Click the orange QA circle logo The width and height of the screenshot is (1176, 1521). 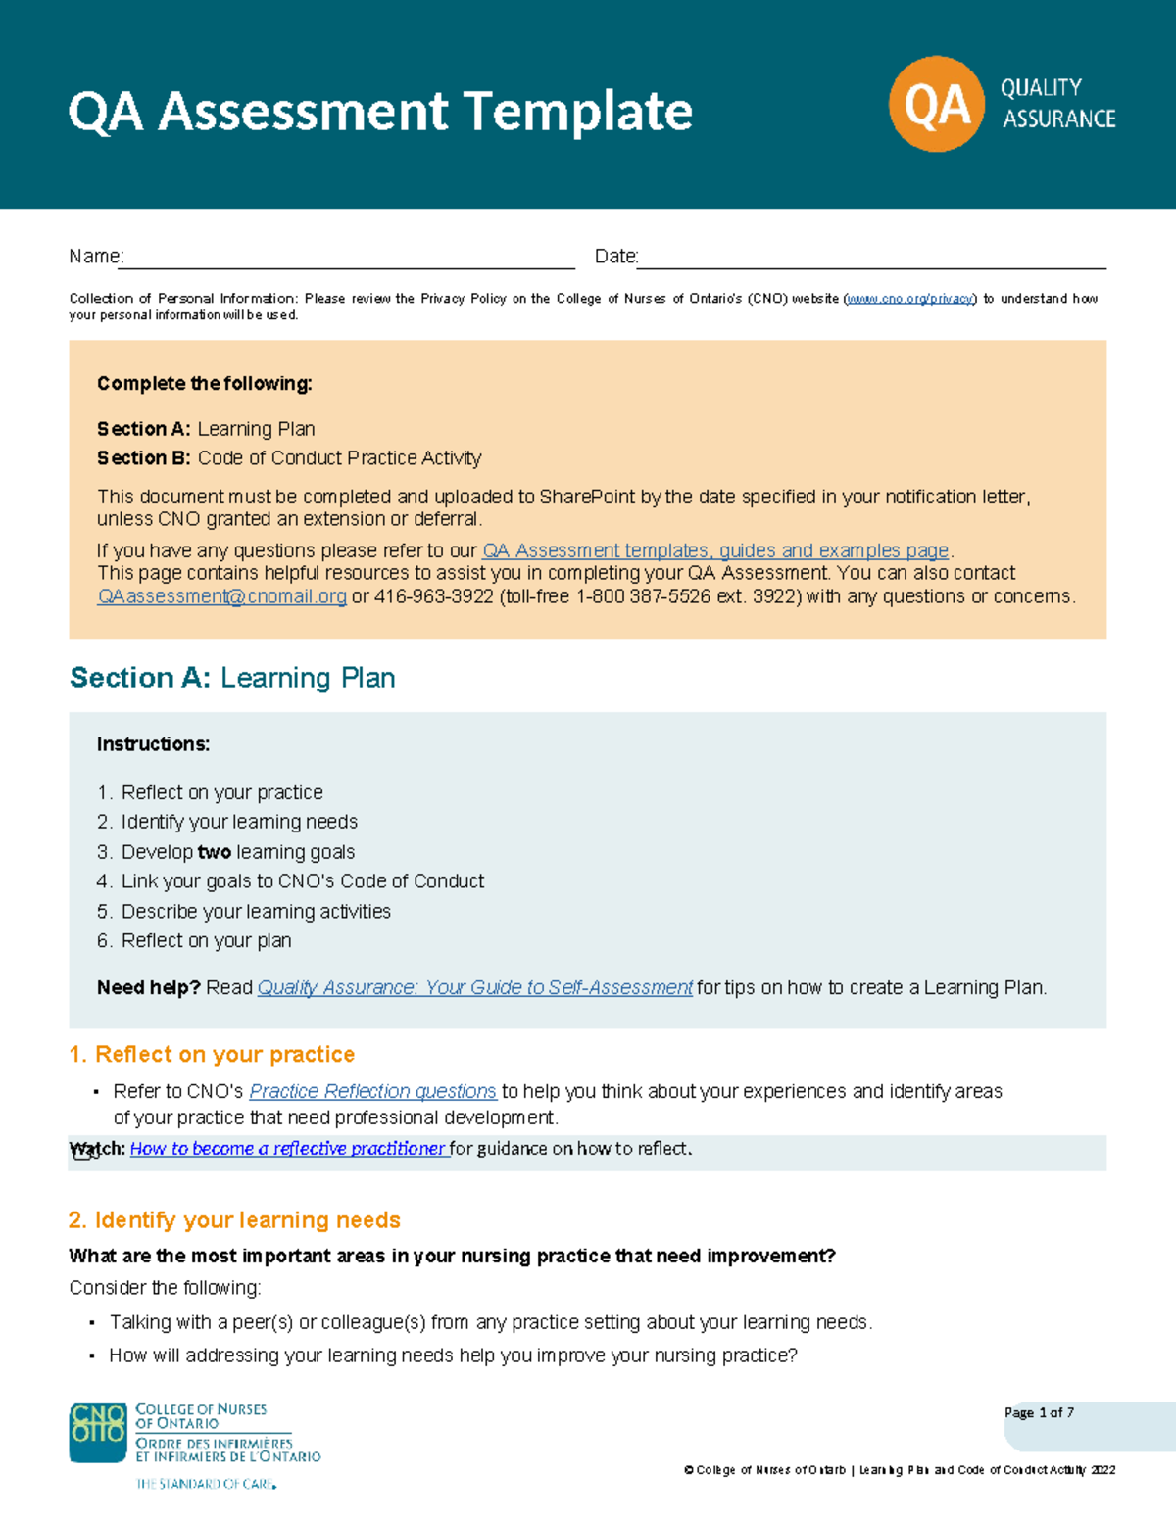pyautogui.click(x=936, y=104)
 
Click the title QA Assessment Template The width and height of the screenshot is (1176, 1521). pyautogui.click(x=380, y=111)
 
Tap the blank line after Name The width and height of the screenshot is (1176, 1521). pyautogui.click(x=348, y=260)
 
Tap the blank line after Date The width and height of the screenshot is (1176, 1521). pyautogui.click(x=871, y=260)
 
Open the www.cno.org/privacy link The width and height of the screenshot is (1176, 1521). pyautogui.click(x=909, y=299)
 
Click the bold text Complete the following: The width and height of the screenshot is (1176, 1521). pyautogui.click(x=204, y=384)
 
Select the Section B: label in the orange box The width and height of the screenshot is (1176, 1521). pyautogui.click(x=143, y=458)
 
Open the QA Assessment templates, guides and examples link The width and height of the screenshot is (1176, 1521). pyautogui.click(x=715, y=550)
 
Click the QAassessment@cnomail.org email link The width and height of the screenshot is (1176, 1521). pyautogui.click(x=221, y=596)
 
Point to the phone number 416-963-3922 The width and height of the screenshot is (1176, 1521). pyautogui.click(x=433, y=596)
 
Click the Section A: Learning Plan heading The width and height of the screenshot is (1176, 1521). pyautogui.click(x=232, y=678)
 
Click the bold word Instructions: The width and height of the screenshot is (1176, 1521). pyautogui.click(x=153, y=744)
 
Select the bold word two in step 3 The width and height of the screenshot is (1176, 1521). pyautogui.click(x=214, y=852)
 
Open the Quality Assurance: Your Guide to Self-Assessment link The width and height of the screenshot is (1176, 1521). pyautogui.click(x=474, y=987)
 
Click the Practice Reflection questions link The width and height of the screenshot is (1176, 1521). pyautogui.click(x=372, y=1091)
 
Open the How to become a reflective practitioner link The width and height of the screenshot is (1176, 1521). pyautogui.click(x=288, y=1148)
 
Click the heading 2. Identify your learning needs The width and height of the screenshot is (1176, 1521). pyautogui.click(x=234, y=1220)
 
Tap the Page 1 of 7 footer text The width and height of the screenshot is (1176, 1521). pyautogui.click(x=1039, y=1412)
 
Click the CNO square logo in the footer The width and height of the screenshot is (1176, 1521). pyautogui.click(x=98, y=1433)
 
